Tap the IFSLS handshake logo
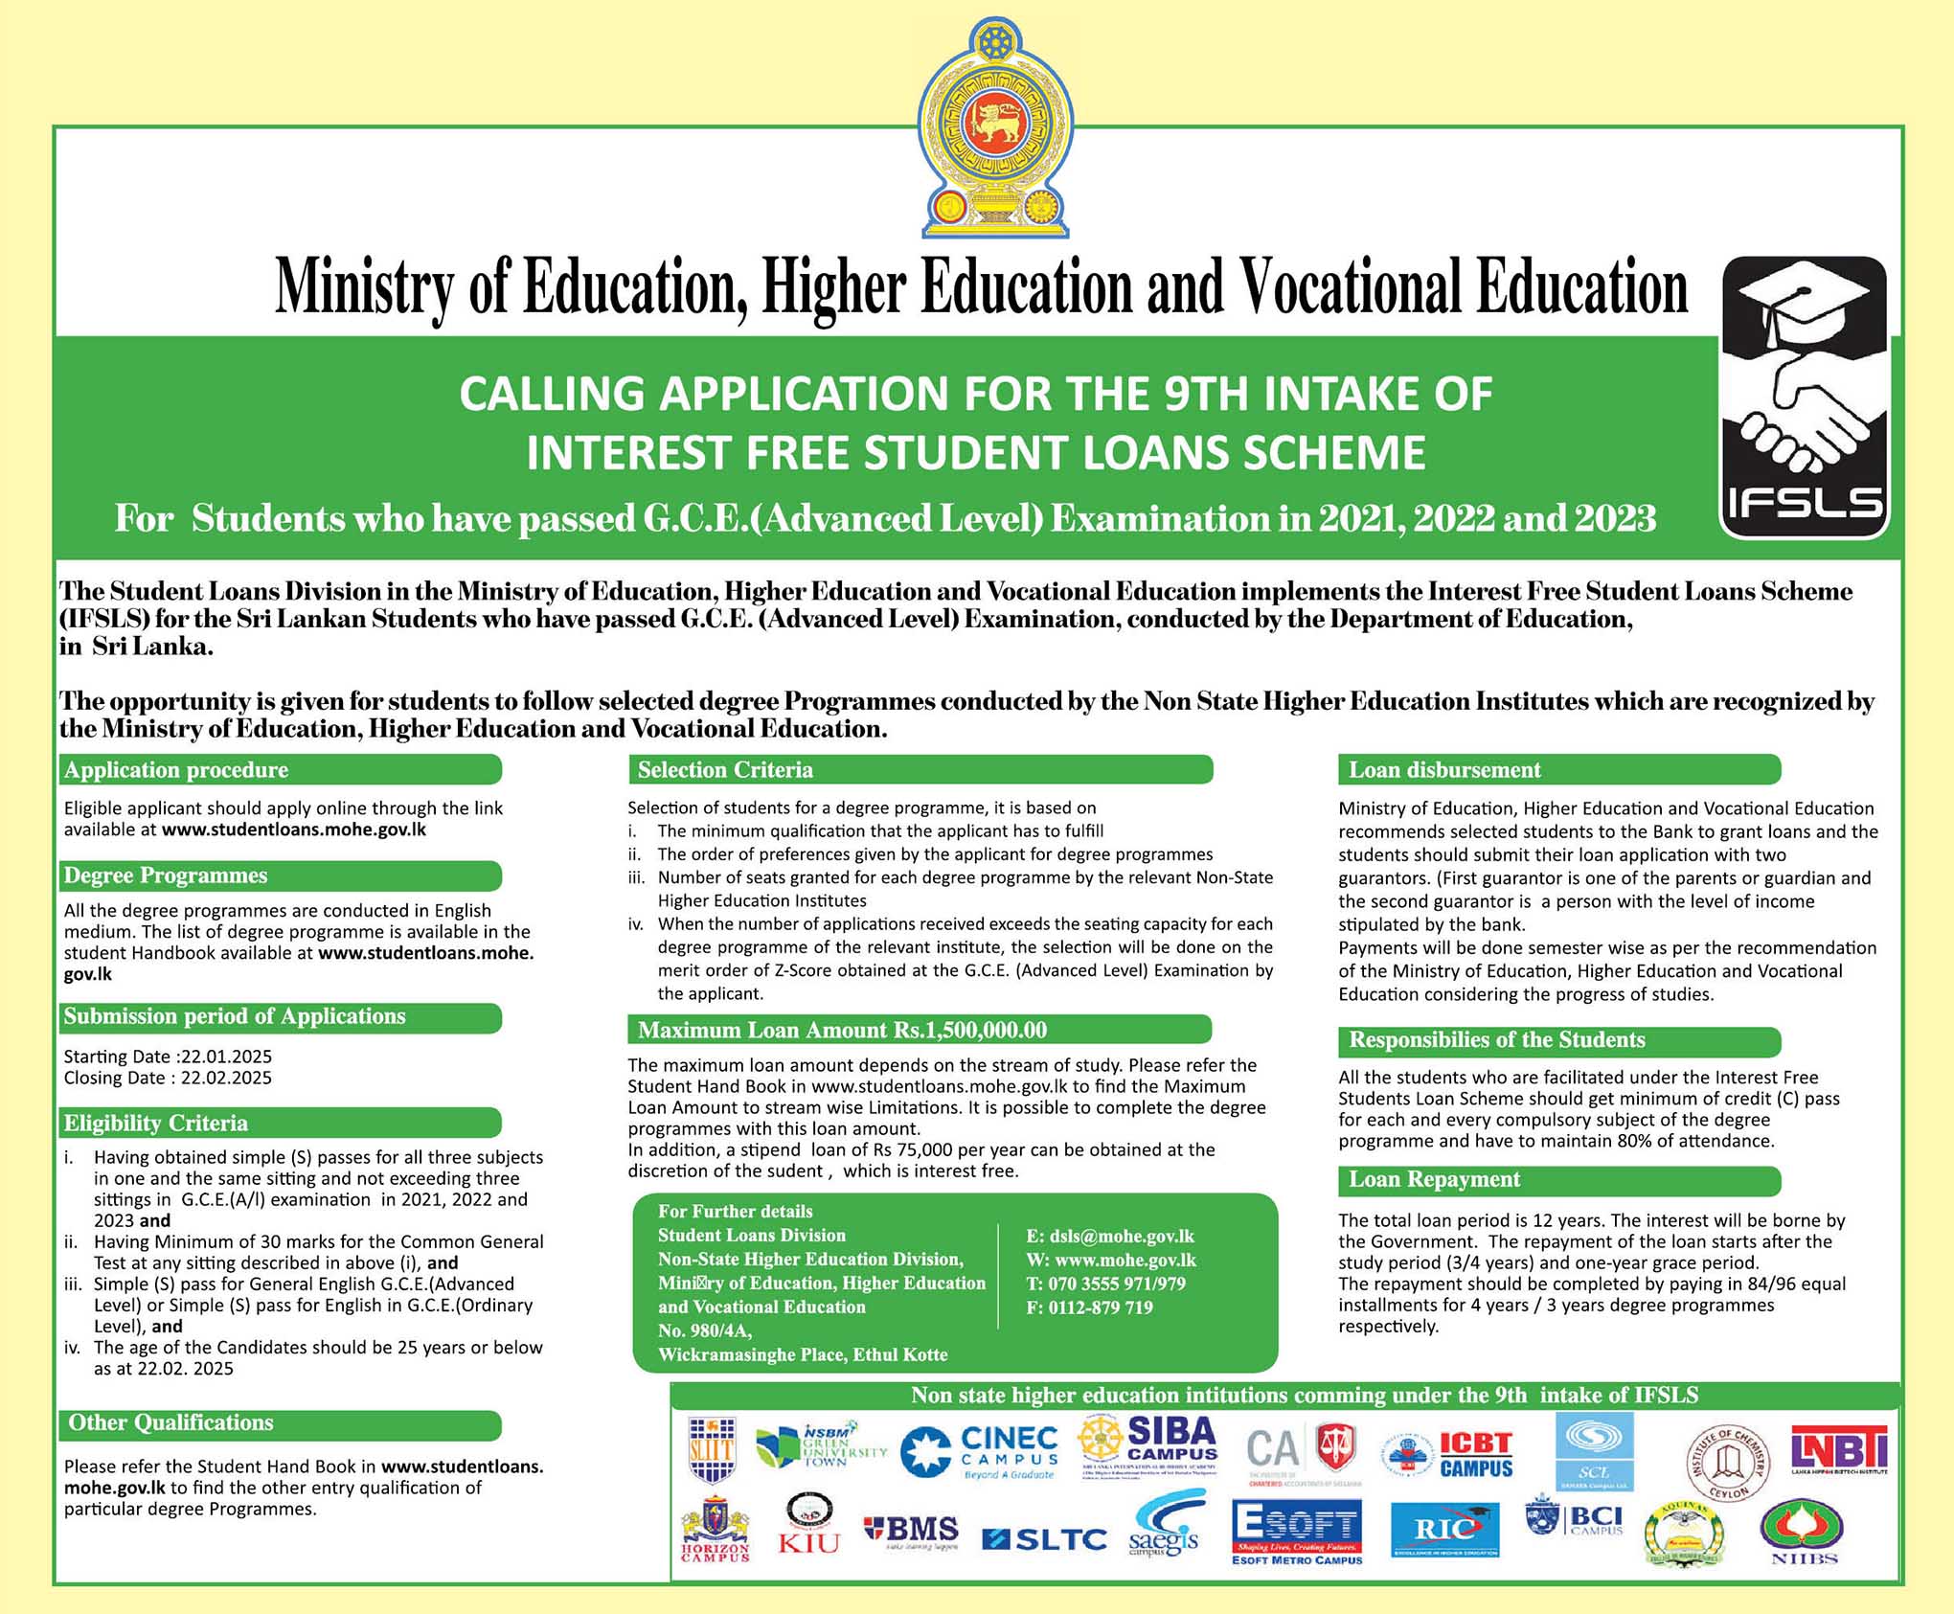pyautogui.click(x=1805, y=398)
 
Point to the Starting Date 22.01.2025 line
pyautogui.click(x=168, y=1057)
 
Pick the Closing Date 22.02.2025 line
pyautogui.click(x=168, y=1078)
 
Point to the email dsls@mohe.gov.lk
pyautogui.click(x=1110, y=1237)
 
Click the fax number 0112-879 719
pyautogui.click(x=1089, y=1307)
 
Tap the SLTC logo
pyautogui.click(x=1045, y=1539)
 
